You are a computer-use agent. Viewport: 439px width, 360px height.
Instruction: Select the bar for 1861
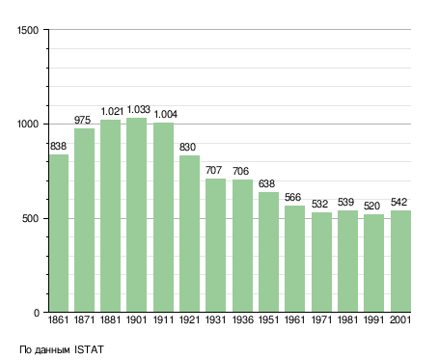pos(59,234)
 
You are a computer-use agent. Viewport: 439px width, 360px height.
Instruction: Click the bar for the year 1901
pos(136,215)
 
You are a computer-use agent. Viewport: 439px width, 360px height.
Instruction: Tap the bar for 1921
pos(189,234)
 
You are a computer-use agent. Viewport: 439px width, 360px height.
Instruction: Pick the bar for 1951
pos(268,252)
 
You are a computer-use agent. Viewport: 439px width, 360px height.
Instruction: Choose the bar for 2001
pos(400,262)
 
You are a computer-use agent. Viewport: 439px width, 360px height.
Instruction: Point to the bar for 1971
pos(321,263)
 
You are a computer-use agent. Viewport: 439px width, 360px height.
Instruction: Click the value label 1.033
pos(139,110)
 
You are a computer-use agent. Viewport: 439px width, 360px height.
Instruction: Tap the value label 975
pos(83,120)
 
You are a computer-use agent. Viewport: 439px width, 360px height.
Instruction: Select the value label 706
pos(241,171)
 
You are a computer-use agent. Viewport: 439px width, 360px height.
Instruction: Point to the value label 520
pos(371,206)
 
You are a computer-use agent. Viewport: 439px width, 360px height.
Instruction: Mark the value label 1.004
pos(165,114)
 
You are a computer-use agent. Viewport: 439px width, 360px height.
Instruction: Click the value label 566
pos(292,197)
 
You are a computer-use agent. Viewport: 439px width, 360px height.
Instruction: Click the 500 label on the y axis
pos(30,219)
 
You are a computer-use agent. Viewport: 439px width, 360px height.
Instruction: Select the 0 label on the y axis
pos(37,313)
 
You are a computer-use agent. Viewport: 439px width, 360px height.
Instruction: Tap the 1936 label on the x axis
pos(242,319)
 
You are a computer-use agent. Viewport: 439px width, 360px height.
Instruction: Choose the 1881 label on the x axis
pos(110,319)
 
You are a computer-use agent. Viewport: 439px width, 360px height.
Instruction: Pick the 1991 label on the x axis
pos(373,319)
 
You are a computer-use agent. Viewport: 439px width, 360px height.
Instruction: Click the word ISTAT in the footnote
pos(89,349)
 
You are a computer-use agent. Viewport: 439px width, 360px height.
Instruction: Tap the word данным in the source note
pos(52,350)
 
